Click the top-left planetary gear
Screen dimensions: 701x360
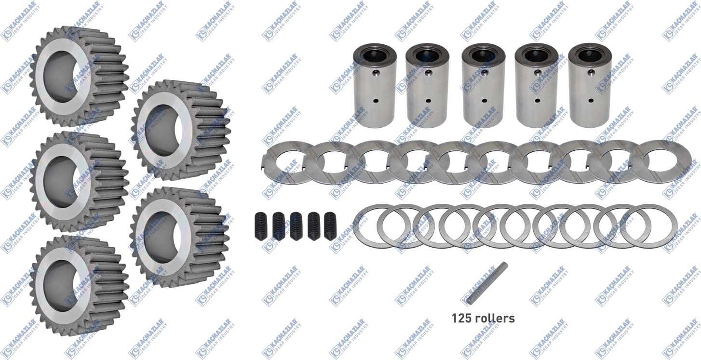click(79, 76)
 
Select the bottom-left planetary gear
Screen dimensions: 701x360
click(79, 286)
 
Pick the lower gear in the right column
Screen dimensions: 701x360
click(180, 237)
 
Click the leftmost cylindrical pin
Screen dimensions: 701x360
click(375, 84)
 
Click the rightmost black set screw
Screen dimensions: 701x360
click(330, 226)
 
